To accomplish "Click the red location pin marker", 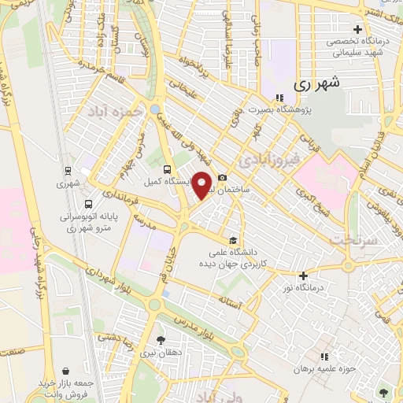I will click(201, 185).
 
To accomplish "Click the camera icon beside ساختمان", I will click(223, 177).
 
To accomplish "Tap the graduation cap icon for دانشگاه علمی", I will click(232, 240).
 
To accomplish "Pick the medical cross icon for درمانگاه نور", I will click(303, 275).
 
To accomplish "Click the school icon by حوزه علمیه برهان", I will click(324, 356).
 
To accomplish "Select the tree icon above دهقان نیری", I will click(161, 340).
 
